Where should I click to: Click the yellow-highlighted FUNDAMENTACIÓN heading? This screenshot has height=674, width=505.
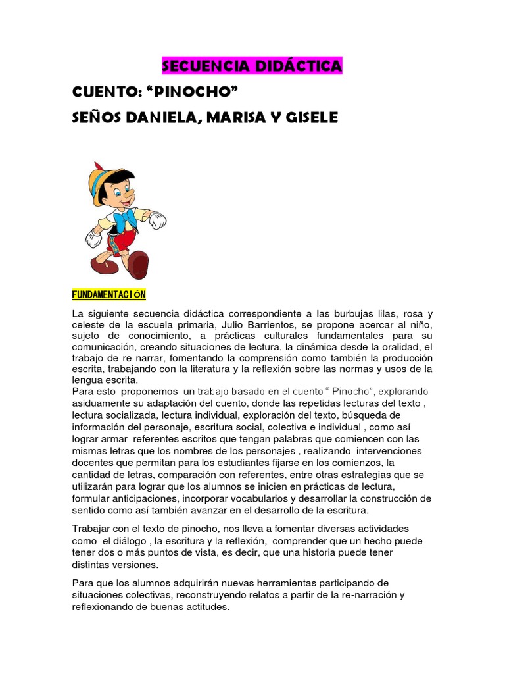(108, 294)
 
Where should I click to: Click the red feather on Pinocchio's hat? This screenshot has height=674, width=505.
(99, 167)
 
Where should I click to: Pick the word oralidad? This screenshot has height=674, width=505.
(401, 347)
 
